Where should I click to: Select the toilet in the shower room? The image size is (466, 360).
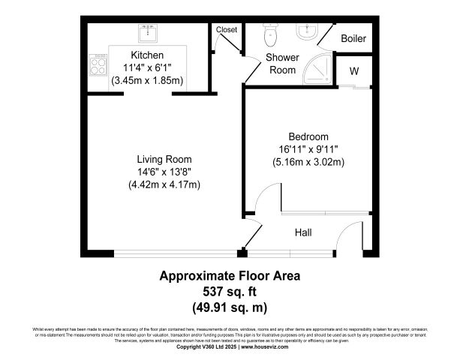(270, 34)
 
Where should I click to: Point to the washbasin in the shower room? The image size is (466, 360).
(306, 32)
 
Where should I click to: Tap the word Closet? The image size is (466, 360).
(226, 30)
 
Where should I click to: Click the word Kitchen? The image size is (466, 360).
(147, 55)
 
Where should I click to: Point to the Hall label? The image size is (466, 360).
(303, 233)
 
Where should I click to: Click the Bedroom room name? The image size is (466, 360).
(308, 136)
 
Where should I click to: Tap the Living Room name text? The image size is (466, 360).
(164, 159)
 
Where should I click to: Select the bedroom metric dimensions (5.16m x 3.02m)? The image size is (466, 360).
(308, 161)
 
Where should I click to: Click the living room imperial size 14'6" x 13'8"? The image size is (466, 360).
(164, 172)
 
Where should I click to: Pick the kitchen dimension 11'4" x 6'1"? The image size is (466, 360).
(147, 67)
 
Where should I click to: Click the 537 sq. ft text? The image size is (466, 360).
(230, 291)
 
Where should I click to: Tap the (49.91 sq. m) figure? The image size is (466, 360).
(230, 307)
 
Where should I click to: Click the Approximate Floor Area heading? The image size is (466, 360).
(230, 275)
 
